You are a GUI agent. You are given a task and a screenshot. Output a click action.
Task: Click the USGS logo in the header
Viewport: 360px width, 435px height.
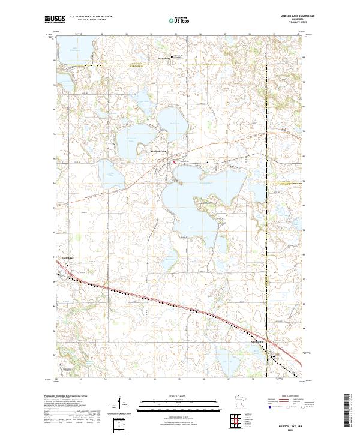click(55, 19)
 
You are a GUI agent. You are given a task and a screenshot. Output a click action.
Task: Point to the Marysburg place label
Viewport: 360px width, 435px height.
click(164, 58)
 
